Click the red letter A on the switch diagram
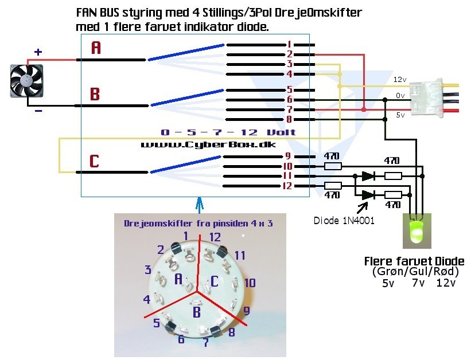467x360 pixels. point(96,49)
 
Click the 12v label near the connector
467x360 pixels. point(400,80)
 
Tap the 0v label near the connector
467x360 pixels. point(400,95)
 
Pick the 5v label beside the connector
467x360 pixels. point(400,115)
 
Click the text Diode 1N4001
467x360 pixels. point(344,221)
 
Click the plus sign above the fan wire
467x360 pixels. point(38,52)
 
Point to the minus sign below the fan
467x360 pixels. point(38,111)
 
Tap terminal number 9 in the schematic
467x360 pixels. point(288,155)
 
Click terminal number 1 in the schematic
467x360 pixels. point(290,44)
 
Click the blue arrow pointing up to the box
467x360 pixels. point(199,205)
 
